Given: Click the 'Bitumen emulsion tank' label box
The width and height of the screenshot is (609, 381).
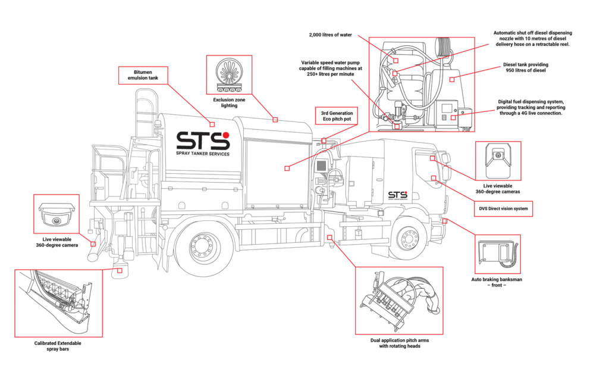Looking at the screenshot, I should coord(143,74).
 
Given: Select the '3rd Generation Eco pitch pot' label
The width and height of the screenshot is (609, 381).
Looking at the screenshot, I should coord(337,115).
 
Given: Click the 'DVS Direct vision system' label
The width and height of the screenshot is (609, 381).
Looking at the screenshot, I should coord(504,209).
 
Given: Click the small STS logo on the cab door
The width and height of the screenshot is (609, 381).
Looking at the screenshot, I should coord(397,195).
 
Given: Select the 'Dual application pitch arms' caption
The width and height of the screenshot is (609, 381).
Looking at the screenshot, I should coord(399,343).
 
